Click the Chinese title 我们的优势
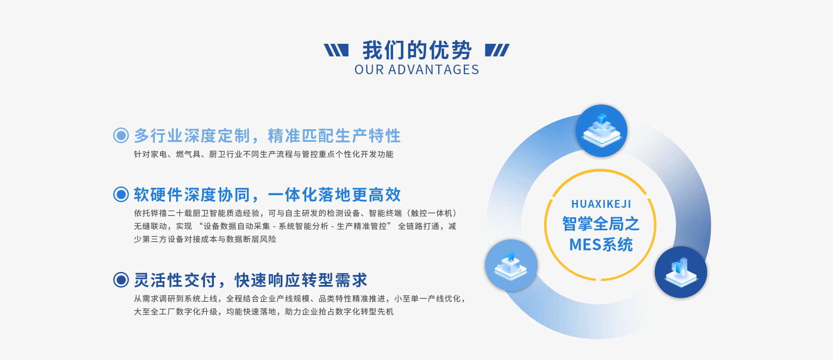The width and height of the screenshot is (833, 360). (x=417, y=50)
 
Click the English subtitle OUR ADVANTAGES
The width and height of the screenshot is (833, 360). (x=417, y=70)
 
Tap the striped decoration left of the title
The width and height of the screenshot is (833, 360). (x=336, y=50)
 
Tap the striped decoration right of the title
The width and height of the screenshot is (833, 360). (x=497, y=50)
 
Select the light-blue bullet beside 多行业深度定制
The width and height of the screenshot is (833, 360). (x=121, y=135)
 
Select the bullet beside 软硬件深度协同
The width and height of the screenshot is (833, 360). (x=121, y=194)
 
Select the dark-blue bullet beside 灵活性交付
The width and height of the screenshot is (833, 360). (x=121, y=280)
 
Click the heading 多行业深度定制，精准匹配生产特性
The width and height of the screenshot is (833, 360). (x=267, y=136)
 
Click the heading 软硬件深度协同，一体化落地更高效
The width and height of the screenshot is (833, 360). (x=267, y=195)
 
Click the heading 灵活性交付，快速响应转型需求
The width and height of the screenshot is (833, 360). (x=251, y=280)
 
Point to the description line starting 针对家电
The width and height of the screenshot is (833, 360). (x=264, y=154)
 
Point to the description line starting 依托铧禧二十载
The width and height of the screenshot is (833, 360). (x=295, y=213)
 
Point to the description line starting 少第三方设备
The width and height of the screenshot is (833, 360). (x=205, y=239)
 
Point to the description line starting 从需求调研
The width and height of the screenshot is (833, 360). (x=299, y=299)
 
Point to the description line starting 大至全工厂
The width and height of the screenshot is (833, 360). (x=264, y=312)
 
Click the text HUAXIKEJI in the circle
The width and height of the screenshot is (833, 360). (x=601, y=204)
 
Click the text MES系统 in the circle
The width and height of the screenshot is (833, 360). (x=601, y=245)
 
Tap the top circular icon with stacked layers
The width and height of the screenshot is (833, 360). (x=601, y=131)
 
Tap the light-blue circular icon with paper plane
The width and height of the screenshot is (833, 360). (x=511, y=265)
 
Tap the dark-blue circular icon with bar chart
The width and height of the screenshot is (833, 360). (x=681, y=272)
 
